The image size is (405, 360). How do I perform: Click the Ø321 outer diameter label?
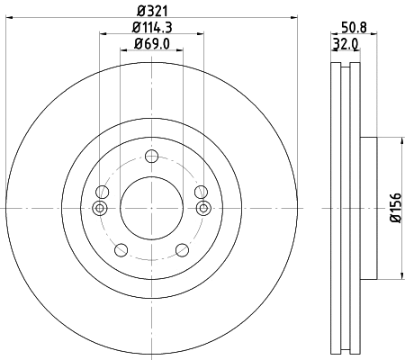[x=150, y=10]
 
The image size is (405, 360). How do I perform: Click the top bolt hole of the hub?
[x=151, y=158]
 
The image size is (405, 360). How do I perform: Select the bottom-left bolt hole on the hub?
[x=121, y=250]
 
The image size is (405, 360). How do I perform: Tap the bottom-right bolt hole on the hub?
[x=182, y=250]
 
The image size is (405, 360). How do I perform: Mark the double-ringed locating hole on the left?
[x=101, y=209]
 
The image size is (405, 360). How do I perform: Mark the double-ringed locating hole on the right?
[x=202, y=209]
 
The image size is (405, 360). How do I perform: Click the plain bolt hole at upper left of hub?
[x=102, y=192]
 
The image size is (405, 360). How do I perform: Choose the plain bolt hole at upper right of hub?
[x=201, y=192]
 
